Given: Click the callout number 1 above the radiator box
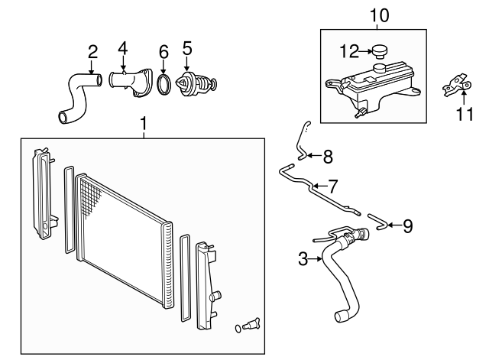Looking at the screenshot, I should (143, 122).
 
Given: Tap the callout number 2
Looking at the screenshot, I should (92, 52).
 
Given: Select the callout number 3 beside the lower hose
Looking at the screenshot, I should (303, 260).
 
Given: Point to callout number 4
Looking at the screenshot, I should (123, 49).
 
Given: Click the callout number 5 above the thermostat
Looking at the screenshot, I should (186, 49).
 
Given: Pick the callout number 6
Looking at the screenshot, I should (163, 52).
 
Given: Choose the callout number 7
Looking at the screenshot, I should (332, 185).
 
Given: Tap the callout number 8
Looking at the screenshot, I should (327, 157).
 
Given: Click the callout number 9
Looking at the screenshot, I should (407, 225).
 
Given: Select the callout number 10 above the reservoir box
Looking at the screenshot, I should (378, 14).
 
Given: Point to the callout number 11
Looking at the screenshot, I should (460, 115).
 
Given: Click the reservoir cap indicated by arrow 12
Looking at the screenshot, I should (380, 51).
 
